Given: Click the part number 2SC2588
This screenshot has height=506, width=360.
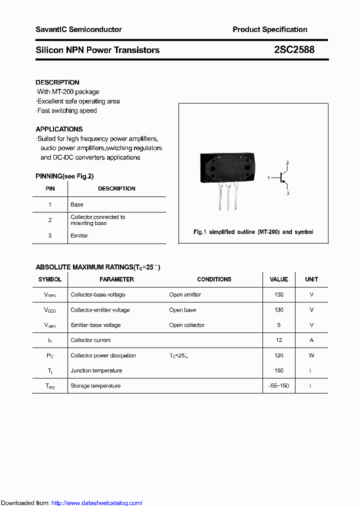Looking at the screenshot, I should tap(294, 50).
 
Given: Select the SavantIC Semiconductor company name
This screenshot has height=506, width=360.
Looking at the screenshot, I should tap(78, 29).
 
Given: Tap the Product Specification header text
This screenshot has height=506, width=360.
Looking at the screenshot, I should tap(270, 29).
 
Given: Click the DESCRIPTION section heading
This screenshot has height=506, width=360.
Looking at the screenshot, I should tap(57, 82).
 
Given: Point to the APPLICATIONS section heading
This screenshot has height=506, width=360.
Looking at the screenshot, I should tap(59, 129).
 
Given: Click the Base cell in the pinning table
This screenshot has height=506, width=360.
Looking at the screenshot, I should tap(77, 204).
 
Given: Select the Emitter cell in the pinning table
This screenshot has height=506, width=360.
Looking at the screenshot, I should tap(79, 235).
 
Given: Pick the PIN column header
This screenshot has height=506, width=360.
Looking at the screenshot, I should tap(50, 188).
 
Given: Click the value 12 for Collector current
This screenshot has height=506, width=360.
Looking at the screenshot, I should tap(278, 340).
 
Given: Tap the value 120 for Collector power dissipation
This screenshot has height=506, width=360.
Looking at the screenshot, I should tap(278, 355).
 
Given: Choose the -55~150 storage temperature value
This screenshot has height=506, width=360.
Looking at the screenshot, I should tap(278, 386).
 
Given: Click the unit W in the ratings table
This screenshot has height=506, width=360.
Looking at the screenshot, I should tap(311, 355).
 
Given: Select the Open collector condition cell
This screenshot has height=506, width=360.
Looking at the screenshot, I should tap(187, 325).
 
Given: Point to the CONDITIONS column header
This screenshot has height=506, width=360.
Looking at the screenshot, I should tap(214, 279).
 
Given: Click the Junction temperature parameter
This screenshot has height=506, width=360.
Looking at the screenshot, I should tap(96, 370).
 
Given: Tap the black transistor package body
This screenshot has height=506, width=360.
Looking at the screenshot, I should tap(227, 169).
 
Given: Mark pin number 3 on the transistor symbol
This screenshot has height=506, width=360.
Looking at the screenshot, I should tap(288, 193).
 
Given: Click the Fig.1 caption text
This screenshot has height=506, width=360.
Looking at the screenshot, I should tap(253, 232).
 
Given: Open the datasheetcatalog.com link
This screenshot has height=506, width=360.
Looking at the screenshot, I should tap(97, 502).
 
